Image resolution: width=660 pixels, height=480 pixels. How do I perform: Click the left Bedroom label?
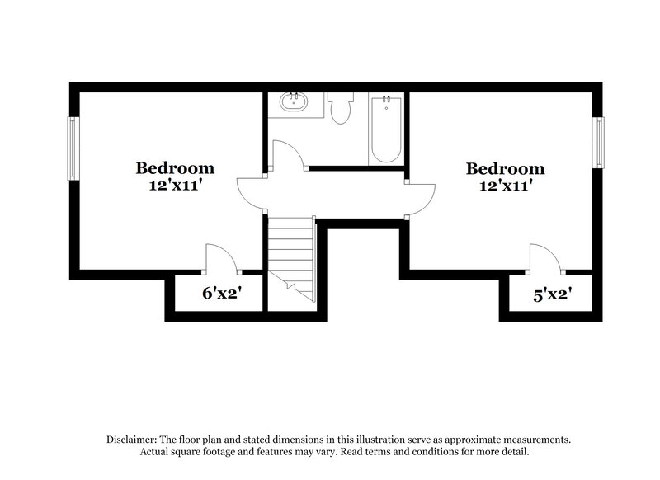[x=175, y=168]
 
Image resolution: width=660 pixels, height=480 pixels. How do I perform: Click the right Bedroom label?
[x=505, y=168]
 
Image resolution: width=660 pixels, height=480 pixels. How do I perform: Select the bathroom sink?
[x=294, y=104]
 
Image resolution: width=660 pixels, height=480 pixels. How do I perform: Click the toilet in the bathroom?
[x=340, y=108]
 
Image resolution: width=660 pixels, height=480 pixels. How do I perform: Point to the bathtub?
[x=386, y=129]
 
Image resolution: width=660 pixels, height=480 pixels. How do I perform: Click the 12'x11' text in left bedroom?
[x=175, y=186]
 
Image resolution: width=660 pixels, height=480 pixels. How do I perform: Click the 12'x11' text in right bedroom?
[x=505, y=186]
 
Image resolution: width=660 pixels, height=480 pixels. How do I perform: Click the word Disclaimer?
[x=133, y=440]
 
